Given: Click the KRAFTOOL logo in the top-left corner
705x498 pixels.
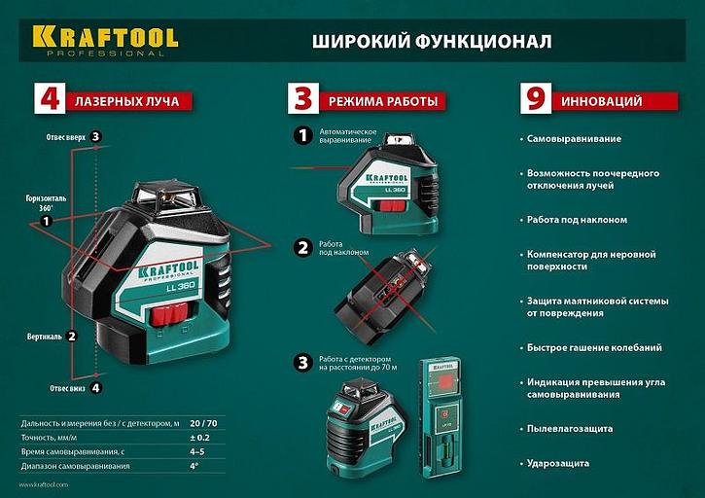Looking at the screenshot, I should [x=105, y=40].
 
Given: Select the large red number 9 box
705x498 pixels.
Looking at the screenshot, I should [x=533, y=100].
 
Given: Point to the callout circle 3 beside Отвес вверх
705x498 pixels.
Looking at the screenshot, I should [x=95, y=136].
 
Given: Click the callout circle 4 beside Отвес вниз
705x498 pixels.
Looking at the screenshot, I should [x=95, y=387].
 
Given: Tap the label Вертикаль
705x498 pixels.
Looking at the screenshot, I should [x=45, y=337].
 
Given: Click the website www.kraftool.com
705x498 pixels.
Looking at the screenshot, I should [x=49, y=483].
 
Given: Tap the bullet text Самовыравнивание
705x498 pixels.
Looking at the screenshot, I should [x=574, y=139].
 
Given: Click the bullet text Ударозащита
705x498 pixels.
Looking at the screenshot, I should [x=558, y=463].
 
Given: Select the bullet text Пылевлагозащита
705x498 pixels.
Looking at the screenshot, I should [x=569, y=427].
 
